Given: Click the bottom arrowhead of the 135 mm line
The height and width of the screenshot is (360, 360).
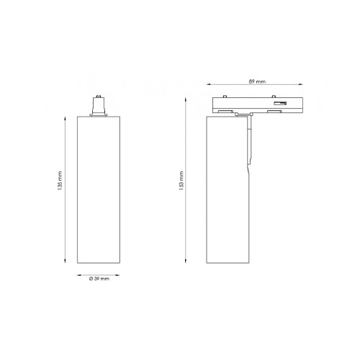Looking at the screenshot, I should click(x=66, y=264).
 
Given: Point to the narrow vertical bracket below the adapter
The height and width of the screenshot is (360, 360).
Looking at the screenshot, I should click(x=250, y=144).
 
